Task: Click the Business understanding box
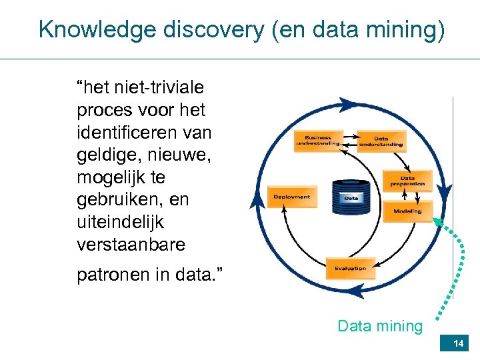pyautogui.click(x=318, y=140)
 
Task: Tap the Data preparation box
pyautogui.click(x=407, y=181)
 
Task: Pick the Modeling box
pyautogui.click(x=407, y=211)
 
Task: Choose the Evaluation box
pyautogui.click(x=350, y=268)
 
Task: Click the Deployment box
pyautogui.click(x=291, y=197)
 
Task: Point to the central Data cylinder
pyautogui.click(x=351, y=197)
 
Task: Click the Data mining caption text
pyautogui.click(x=380, y=326)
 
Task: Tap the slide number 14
pyautogui.click(x=458, y=343)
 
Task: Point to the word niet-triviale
pyautogui.click(x=159, y=87)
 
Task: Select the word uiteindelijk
pyautogui.click(x=121, y=222)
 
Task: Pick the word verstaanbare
pyautogui.click(x=131, y=245)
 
